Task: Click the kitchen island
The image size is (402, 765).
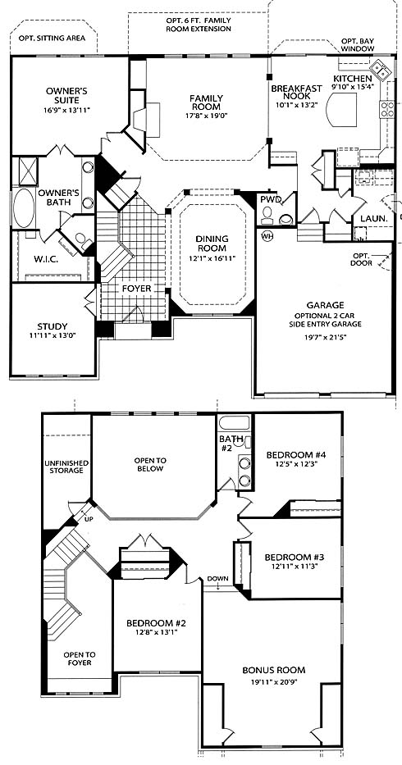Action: point(341,110)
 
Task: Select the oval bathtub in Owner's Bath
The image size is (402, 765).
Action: point(24,207)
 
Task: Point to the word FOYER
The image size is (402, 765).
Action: point(136,289)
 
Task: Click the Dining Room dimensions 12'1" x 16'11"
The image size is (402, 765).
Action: point(212,259)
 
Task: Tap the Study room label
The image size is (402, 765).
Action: point(53,326)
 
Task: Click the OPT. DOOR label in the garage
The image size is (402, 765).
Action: point(363,260)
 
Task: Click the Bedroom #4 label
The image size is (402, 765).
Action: point(295,455)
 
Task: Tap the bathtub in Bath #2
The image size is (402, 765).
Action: point(234,422)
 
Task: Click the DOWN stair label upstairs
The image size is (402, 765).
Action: point(218,579)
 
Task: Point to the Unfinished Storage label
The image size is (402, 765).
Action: point(66,467)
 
